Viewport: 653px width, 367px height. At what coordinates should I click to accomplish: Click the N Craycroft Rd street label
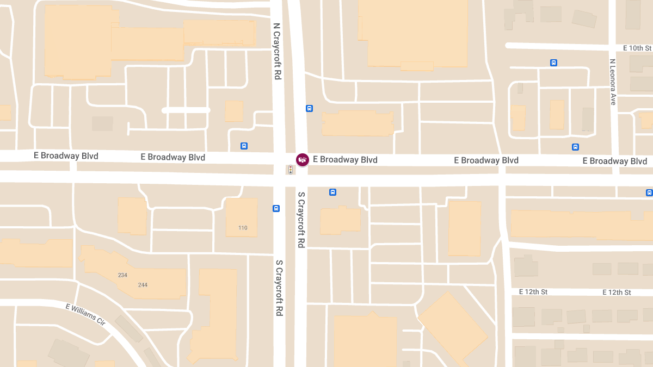coord(276,52)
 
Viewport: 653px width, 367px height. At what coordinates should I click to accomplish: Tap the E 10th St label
coord(637,48)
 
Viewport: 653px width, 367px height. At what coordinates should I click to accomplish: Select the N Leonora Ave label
coord(612,82)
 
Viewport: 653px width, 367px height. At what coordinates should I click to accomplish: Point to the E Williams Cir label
coord(85,314)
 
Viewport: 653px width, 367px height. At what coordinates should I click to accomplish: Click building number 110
coord(243,228)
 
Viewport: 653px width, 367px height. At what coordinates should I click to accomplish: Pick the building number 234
coord(122,275)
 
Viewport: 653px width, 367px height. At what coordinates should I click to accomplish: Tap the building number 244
coord(143,285)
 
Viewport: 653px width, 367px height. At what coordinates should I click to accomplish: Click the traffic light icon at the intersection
coord(291,170)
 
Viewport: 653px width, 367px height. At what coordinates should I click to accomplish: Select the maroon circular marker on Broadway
coord(303,159)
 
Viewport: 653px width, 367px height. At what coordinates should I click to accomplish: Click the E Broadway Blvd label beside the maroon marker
coord(345,160)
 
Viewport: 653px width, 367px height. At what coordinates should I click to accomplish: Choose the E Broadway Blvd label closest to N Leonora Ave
coord(615,161)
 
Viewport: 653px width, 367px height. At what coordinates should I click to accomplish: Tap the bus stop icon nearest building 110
coord(276,208)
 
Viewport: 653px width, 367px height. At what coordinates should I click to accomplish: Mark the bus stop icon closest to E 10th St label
coord(553,63)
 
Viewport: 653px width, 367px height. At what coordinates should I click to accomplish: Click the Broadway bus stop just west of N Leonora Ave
coord(575,147)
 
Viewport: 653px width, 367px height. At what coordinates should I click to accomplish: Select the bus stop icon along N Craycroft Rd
coord(309,108)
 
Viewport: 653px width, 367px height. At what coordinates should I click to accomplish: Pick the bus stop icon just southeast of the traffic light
coord(332,192)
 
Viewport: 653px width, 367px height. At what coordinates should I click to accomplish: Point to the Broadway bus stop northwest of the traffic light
coord(244,146)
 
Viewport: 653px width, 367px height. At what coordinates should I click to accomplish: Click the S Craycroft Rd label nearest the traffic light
coord(300,220)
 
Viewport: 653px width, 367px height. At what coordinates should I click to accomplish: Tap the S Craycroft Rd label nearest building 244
coord(279,288)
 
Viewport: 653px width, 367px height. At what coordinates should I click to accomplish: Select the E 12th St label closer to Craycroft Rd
coord(533,292)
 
